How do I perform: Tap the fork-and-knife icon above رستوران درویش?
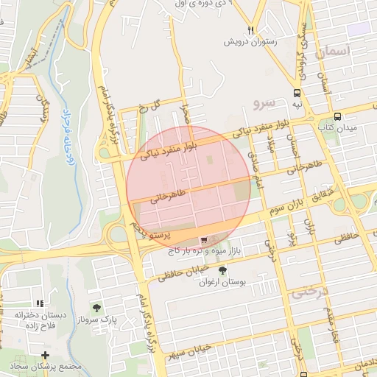(x=252, y=30)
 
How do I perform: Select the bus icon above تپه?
(x=297, y=94)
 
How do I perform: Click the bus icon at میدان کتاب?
(x=337, y=116)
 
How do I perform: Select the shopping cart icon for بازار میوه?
(x=204, y=240)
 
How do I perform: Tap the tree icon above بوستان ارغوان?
(x=222, y=270)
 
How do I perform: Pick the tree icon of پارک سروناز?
(x=96, y=306)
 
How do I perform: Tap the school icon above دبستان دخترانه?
(x=40, y=303)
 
